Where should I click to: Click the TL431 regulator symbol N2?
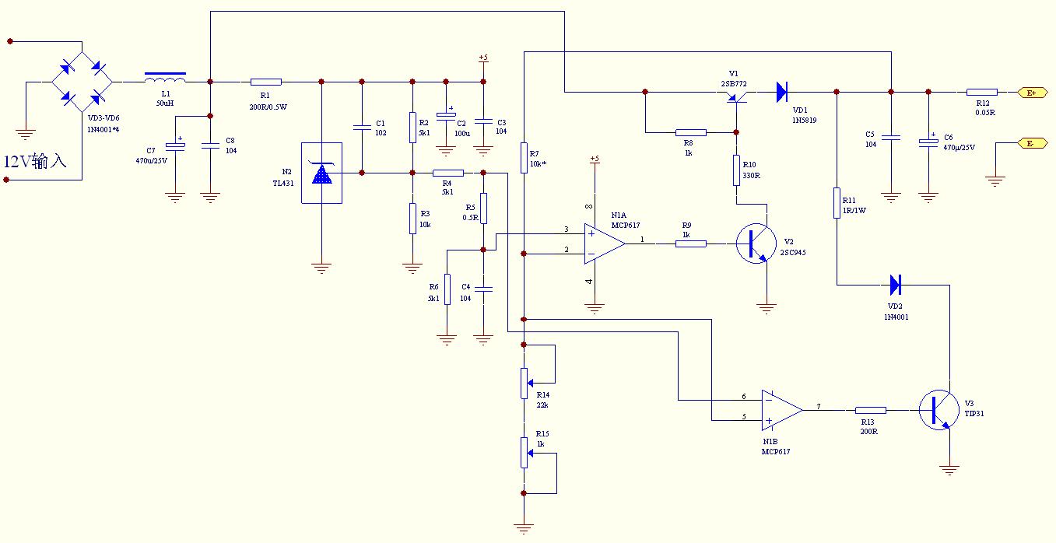(321, 173)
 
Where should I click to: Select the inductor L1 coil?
(165, 78)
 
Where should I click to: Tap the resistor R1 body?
(266, 81)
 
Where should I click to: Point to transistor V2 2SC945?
(755, 243)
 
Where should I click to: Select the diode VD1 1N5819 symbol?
(782, 92)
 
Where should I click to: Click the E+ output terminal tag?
(1032, 93)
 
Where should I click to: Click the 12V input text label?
(36, 163)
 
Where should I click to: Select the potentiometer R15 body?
(524, 453)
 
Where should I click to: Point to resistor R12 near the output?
(982, 92)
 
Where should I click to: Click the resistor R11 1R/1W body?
(837, 202)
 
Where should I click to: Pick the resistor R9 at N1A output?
(691, 243)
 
